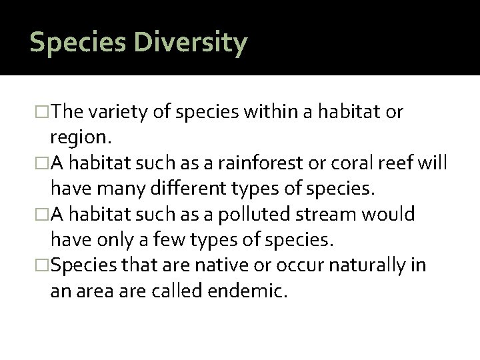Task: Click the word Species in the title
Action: click(73, 43)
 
